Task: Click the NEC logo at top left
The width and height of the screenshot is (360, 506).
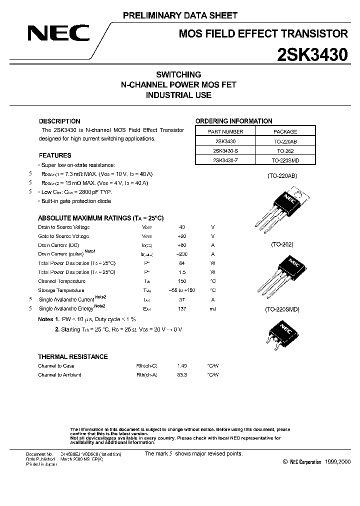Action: coord(58,34)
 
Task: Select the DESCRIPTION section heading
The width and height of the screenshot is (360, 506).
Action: coord(59,121)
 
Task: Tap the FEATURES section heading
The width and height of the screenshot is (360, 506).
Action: coord(55,155)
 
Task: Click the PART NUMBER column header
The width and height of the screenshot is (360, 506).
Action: coord(224,131)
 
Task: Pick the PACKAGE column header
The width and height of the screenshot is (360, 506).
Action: coord(285,131)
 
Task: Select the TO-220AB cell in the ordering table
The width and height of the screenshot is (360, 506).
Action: coord(285,141)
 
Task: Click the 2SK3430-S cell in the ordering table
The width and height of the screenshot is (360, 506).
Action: coord(224,150)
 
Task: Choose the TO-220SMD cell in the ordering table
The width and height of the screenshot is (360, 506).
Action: coord(285,160)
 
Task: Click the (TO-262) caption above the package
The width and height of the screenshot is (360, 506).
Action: coord(282,244)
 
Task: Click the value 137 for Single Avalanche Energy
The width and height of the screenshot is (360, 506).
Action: coord(182,309)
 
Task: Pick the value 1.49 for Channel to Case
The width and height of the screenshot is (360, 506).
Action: coord(182,366)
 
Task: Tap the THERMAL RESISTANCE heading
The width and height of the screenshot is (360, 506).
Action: coord(73,356)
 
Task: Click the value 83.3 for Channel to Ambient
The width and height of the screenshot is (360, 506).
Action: coord(182,375)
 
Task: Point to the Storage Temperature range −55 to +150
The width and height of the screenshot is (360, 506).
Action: coord(182,290)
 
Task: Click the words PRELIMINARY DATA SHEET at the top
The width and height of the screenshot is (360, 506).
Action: coord(180,16)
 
